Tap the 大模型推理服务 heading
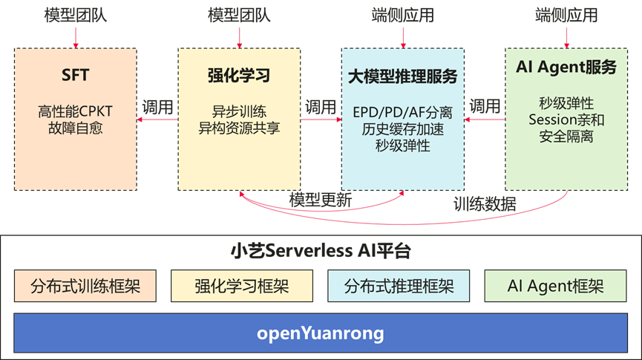point(402,76)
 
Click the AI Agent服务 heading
point(566,67)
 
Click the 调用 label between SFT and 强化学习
point(158,107)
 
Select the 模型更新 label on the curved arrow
point(321,200)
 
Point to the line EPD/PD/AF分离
point(402,113)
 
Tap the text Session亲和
point(566,119)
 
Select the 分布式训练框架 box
point(85,286)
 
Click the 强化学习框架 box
point(241,286)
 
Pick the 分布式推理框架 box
point(399,286)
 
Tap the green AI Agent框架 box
point(555,286)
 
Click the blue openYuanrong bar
point(321,333)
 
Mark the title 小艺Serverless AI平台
point(321,251)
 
